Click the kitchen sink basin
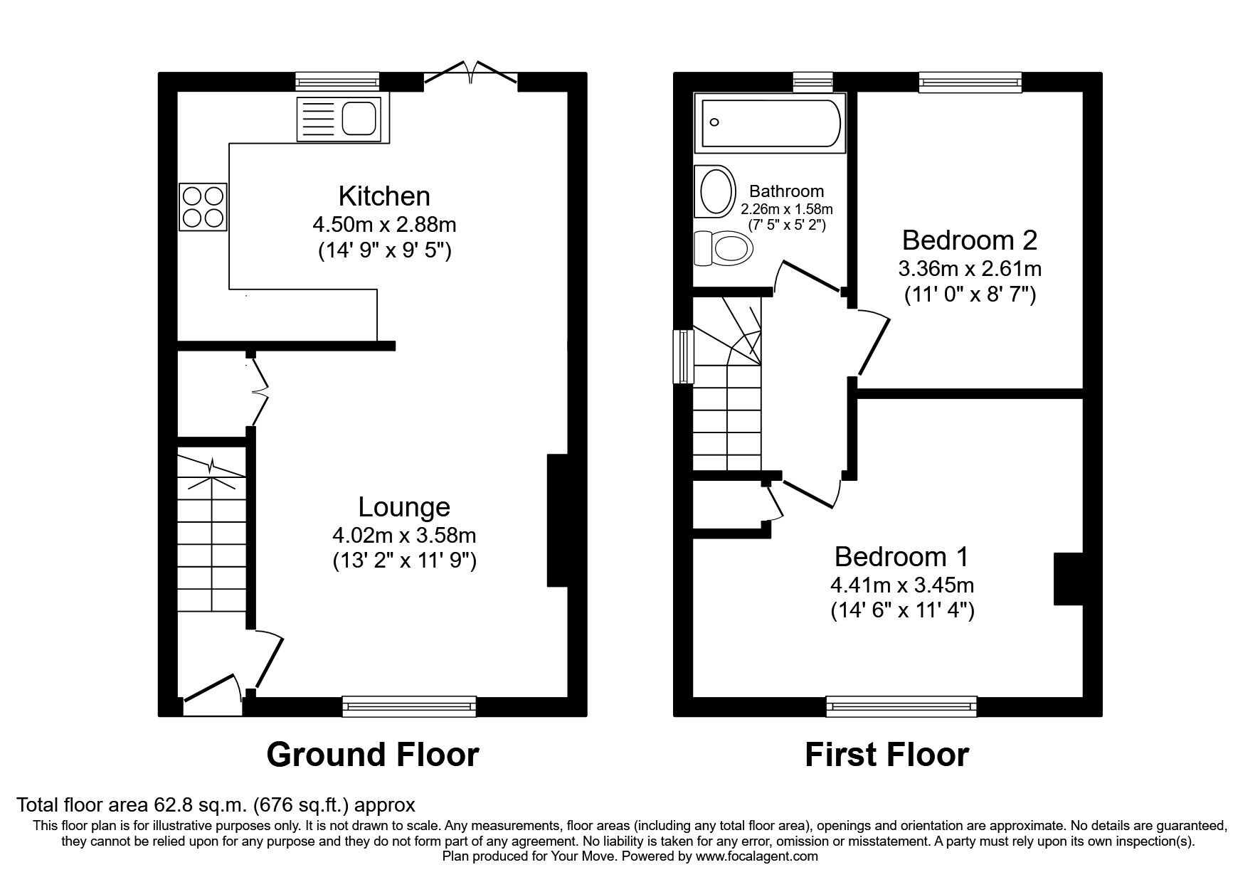359,118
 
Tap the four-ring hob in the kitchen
203,206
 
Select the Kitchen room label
384,196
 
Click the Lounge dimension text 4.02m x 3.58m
404,535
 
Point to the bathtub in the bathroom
771,123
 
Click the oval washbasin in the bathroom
715,191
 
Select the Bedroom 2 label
969,240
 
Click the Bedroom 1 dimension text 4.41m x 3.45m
902,585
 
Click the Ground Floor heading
373,755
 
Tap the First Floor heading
886,755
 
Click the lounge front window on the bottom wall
409,706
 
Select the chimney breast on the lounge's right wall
556,521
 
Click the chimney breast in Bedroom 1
1067,578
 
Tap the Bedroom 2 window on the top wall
970,83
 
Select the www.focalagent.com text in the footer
756,856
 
